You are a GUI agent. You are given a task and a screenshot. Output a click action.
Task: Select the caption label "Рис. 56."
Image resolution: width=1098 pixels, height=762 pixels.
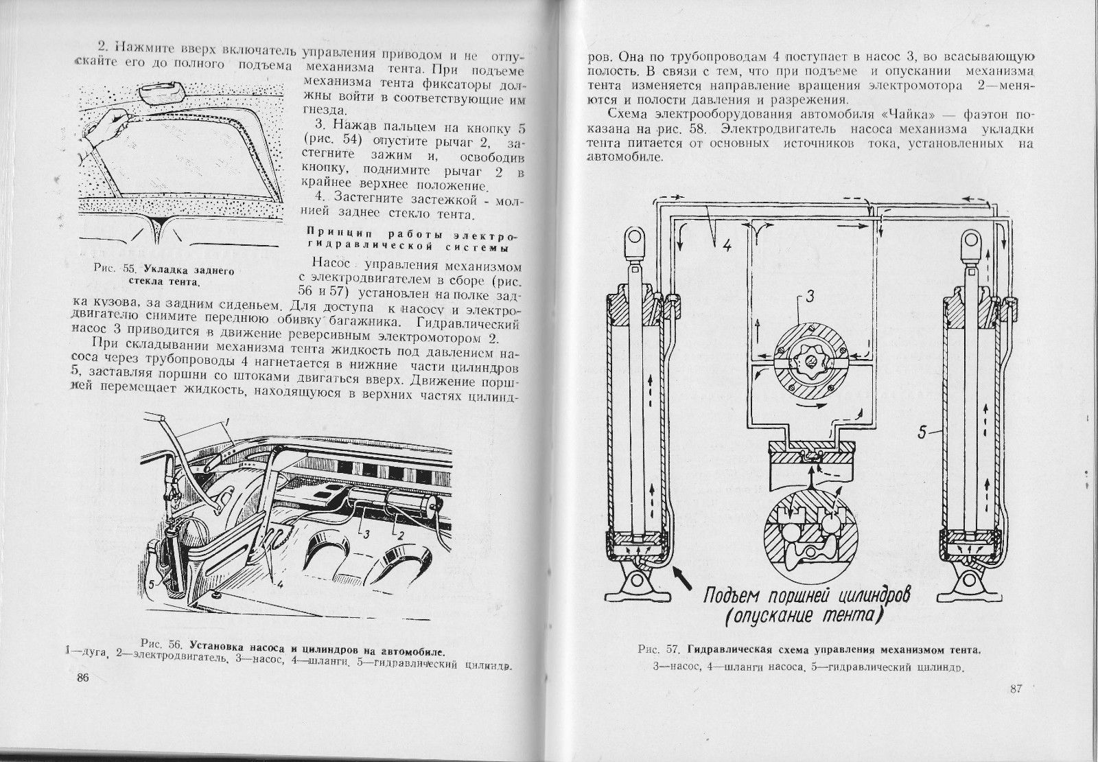160,644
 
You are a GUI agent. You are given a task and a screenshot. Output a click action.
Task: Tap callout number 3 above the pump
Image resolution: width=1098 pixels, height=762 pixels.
810,298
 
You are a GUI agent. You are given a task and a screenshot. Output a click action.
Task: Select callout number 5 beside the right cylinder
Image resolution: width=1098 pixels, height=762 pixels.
924,432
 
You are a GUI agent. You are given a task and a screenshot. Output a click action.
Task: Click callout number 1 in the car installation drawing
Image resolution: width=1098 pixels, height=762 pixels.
227,418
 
